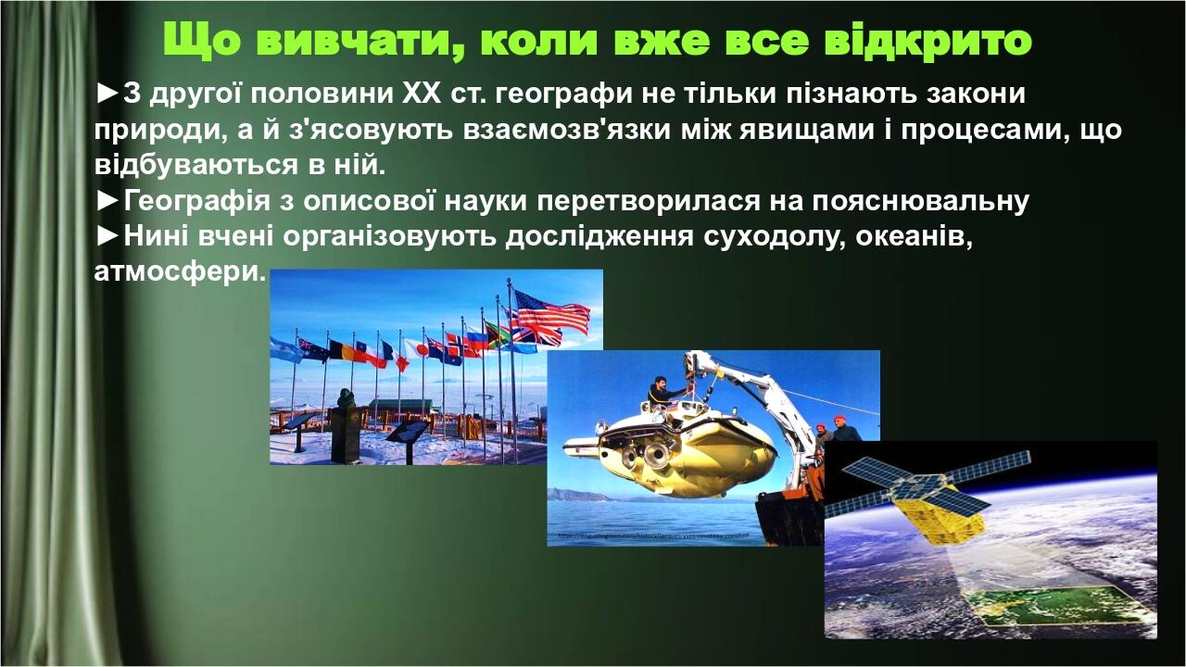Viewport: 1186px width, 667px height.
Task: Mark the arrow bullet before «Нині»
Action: [107, 236]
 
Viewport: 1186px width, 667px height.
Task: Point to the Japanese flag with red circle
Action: [416, 348]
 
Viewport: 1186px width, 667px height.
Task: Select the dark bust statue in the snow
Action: [346, 425]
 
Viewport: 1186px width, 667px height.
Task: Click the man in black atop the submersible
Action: [661, 391]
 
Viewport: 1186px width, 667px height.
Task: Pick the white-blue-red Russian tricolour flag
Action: [476, 339]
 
